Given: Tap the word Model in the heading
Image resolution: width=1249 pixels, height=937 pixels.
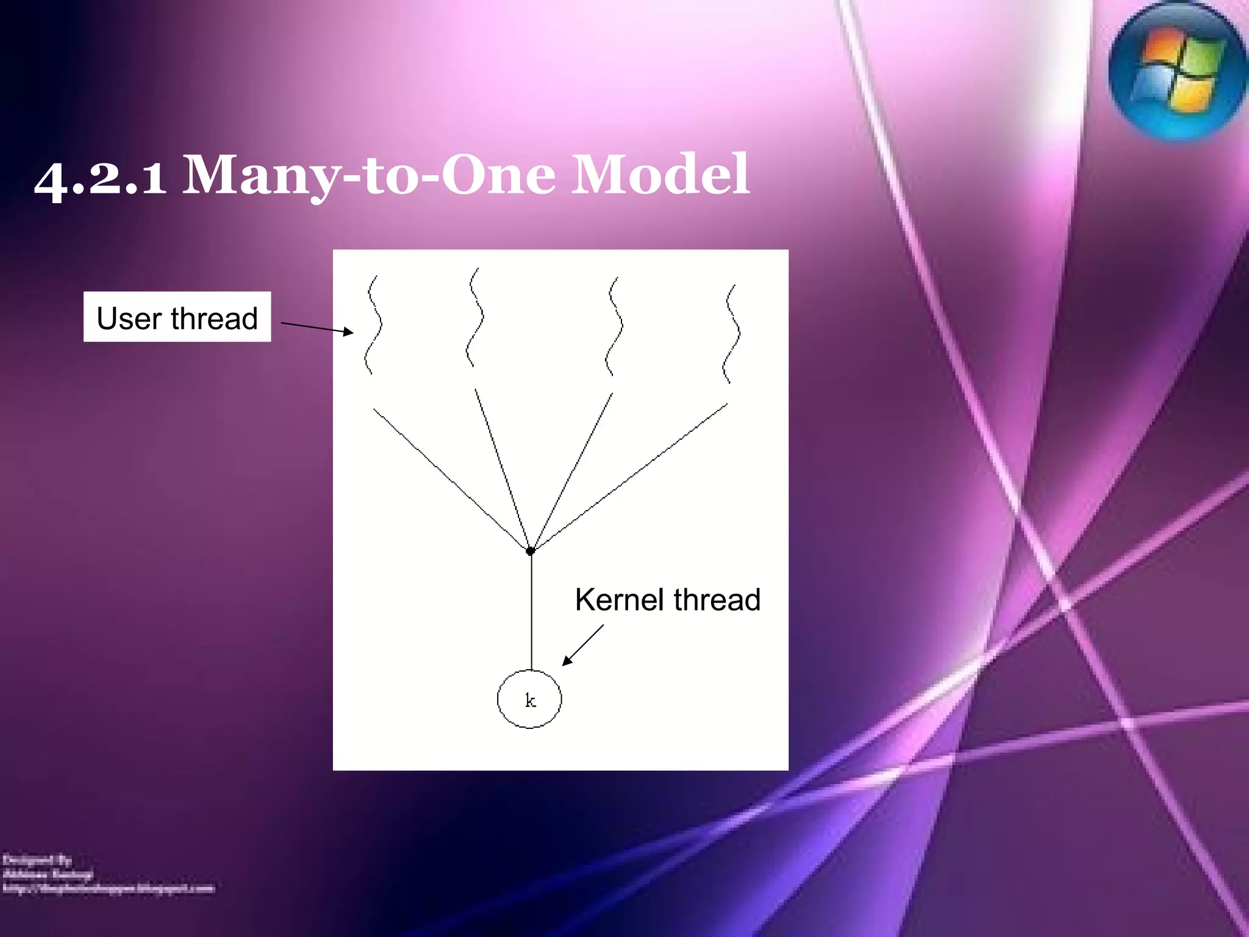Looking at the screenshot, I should (x=660, y=175).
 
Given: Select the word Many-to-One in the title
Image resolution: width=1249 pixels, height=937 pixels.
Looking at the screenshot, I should (x=369, y=175).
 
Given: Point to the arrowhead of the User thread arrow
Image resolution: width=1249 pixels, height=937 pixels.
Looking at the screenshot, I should (x=349, y=332).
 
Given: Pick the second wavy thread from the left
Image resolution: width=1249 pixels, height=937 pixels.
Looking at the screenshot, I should (x=475, y=317).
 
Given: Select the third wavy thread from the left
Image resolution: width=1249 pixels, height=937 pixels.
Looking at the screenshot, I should (x=615, y=326).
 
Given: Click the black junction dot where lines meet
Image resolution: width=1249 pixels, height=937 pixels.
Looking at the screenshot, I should (x=530, y=551).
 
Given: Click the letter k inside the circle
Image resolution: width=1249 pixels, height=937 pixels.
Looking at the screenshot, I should (x=530, y=700).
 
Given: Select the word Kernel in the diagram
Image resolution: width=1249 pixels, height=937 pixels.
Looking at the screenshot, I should (x=619, y=600).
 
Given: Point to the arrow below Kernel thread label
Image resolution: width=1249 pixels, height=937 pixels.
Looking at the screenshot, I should (x=582, y=645).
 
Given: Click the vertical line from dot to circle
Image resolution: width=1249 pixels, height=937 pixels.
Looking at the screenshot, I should (x=531, y=610).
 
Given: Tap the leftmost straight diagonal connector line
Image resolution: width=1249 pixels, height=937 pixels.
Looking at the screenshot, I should (x=451, y=480).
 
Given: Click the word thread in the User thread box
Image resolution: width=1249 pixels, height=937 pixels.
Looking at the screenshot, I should (x=214, y=318).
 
